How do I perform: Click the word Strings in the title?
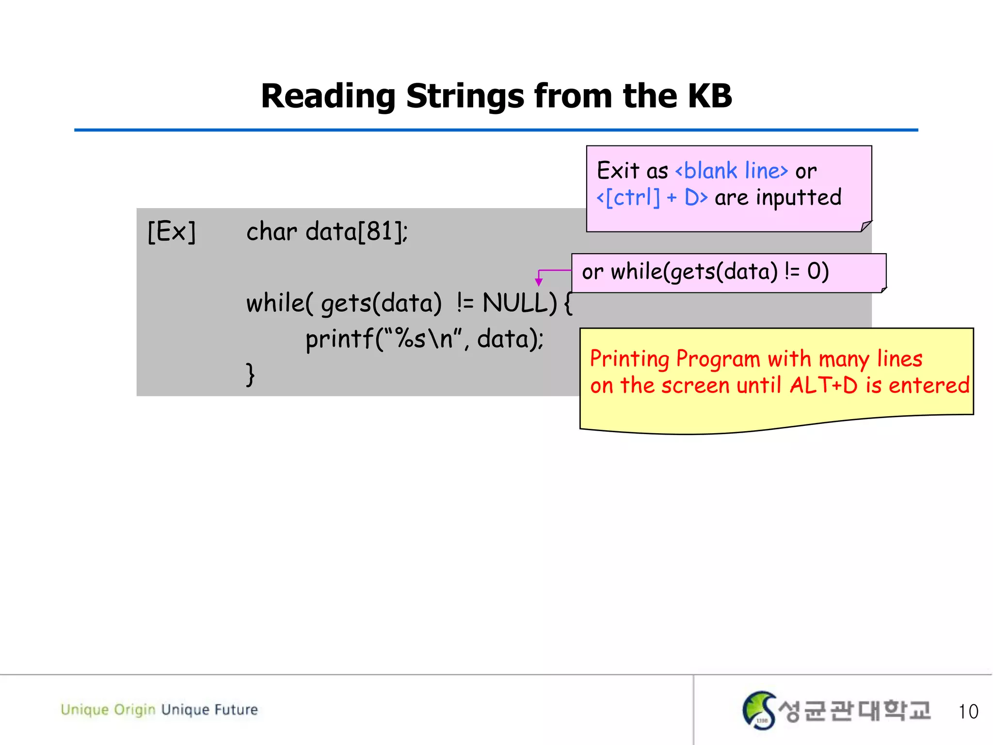click(465, 97)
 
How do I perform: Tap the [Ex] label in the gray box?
click(172, 231)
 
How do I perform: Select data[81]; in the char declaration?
click(356, 231)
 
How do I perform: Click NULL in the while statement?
click(519, 303)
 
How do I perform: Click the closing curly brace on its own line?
click(250, 374)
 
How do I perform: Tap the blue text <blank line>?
click(731, 171)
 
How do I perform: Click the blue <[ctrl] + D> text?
click(652, 197)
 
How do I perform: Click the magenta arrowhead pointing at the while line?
click(538, 282)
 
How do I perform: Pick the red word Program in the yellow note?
click(718, 359)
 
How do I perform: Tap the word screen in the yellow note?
click(695, 386)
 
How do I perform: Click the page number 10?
click(968, 712)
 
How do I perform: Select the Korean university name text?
click(854, 711)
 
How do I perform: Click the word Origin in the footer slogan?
click(134, 710)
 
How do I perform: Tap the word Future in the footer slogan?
click(236, 710)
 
